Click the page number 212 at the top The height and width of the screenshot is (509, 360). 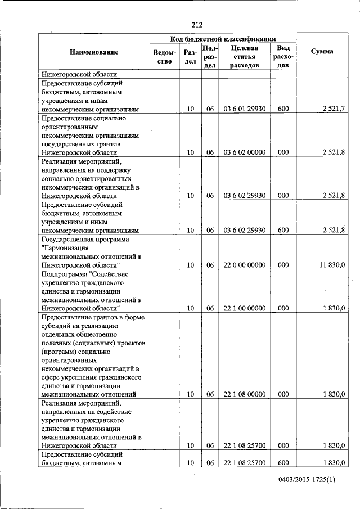(196, 24)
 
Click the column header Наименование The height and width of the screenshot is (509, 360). (94, 52)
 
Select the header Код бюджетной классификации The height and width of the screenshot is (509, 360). (223, 39)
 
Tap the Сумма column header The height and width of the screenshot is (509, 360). (321, 52)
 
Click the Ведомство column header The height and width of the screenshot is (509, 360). (162, 57)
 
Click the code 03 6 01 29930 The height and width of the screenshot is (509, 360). (244, 109)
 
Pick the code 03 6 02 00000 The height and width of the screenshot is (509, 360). (244, 152)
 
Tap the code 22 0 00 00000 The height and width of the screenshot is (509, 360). (244, 265)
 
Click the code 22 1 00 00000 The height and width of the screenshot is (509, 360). (244, 308)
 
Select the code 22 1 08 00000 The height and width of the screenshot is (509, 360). (244, 395)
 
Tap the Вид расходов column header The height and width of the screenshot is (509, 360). (283, 56)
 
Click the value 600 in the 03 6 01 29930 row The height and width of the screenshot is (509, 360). (283, 109)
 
